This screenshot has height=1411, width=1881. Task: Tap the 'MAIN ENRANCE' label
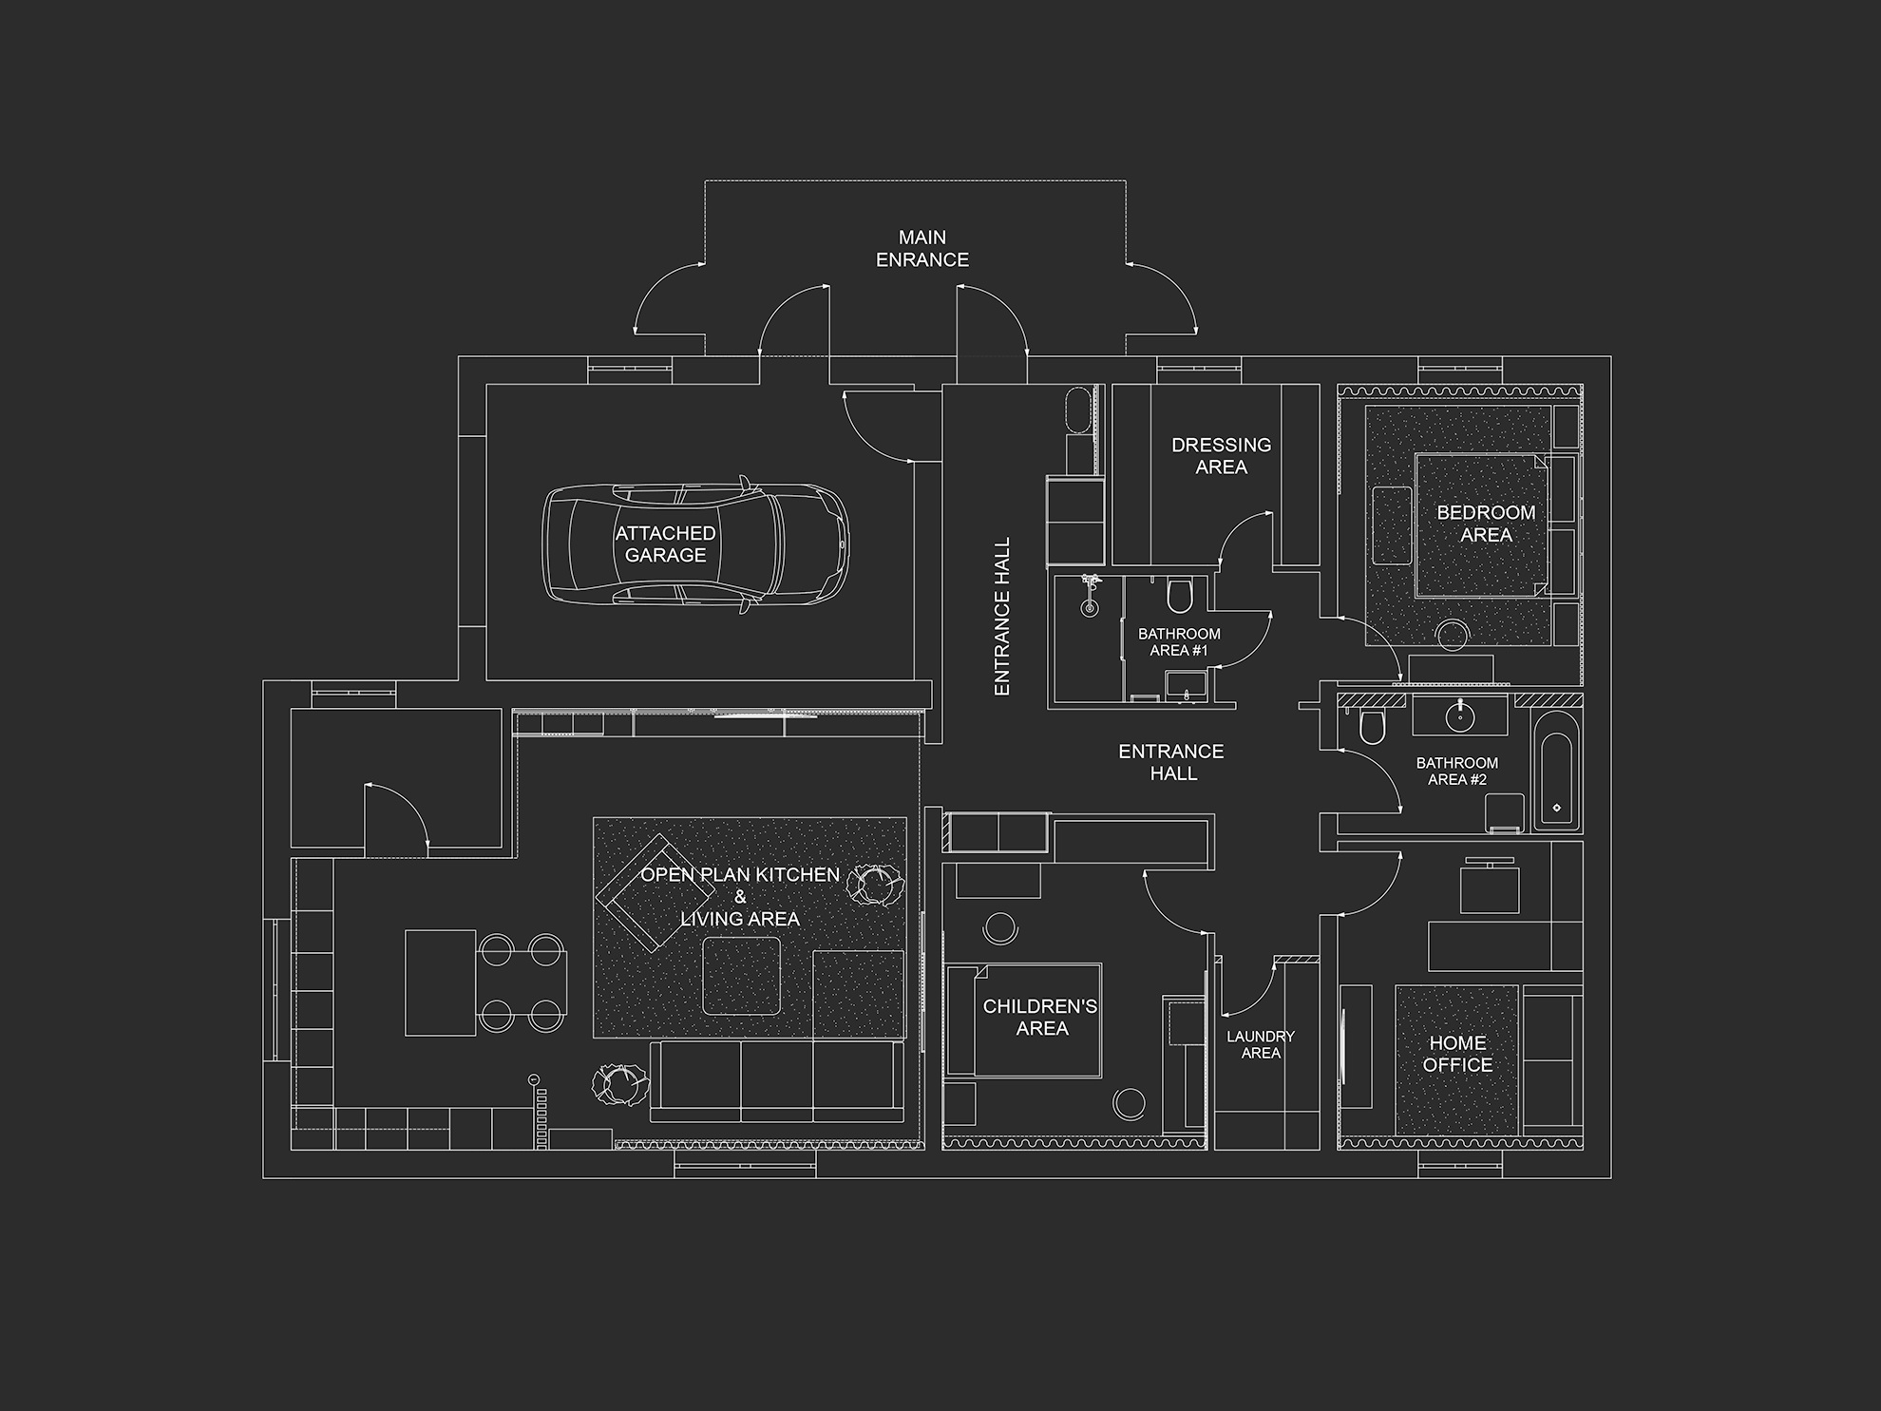point(921,248)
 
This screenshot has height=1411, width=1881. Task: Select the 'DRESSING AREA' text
point(1221,455)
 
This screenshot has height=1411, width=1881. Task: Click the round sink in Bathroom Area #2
point(1459,715)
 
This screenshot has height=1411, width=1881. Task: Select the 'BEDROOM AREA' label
point(1486,524)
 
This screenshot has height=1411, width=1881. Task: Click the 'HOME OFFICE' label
point(1457,1054)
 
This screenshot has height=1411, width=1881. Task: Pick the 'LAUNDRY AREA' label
point(1260,1044)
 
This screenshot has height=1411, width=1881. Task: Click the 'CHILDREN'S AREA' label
point(1040,1017)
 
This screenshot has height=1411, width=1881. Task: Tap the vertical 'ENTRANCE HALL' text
point(1001,617)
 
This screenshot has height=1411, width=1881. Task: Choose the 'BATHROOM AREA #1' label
point(1179,641)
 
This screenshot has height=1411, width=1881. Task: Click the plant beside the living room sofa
point(620,1084)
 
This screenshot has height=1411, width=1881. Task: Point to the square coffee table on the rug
point(742,976)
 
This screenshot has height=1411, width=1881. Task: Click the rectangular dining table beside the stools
point(441,982)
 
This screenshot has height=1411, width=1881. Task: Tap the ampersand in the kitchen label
point(740,896)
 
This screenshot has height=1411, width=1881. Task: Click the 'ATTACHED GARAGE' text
point(665,543)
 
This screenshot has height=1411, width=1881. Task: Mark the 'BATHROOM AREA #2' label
point(1456,771)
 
